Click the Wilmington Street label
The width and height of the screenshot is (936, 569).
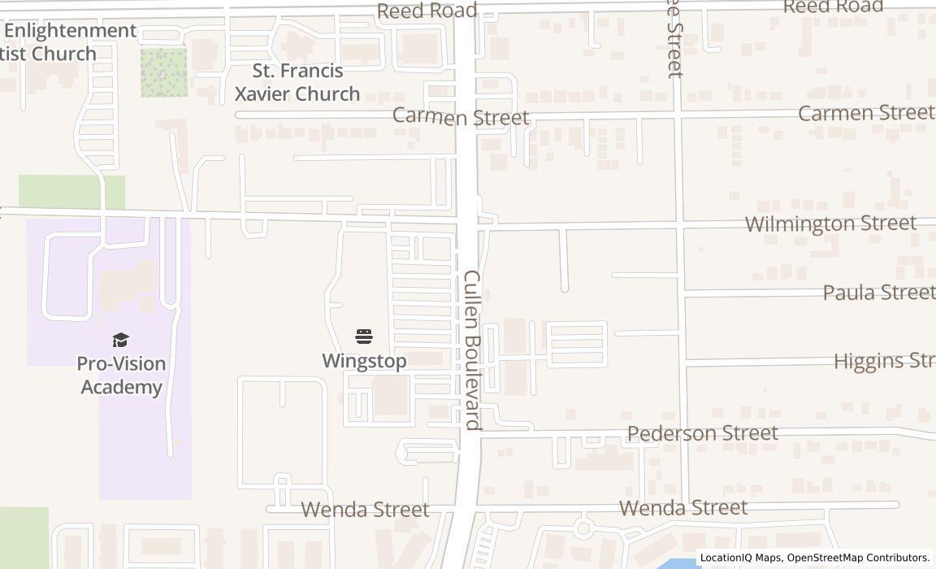[830, 224]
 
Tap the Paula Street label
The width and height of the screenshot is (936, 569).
[879, 292]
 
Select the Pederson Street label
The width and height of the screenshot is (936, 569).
[703, 433]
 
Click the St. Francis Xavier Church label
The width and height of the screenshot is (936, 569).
[297, 82]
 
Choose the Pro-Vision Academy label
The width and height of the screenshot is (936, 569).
[121, 375]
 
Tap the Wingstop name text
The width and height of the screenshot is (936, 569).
[364, 361]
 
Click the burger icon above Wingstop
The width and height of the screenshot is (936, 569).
[364, 337]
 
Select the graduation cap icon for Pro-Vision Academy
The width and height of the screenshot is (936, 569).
[121, 340]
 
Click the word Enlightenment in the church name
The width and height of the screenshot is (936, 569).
[70, 31]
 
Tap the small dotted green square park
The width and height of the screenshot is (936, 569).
[164, 72]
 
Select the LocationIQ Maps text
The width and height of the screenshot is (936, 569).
[741, 558]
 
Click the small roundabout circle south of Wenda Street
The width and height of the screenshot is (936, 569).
[583, 529]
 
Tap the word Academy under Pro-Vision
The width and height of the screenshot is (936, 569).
[121, 387]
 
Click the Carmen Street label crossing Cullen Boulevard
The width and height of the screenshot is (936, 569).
[461, 117]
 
